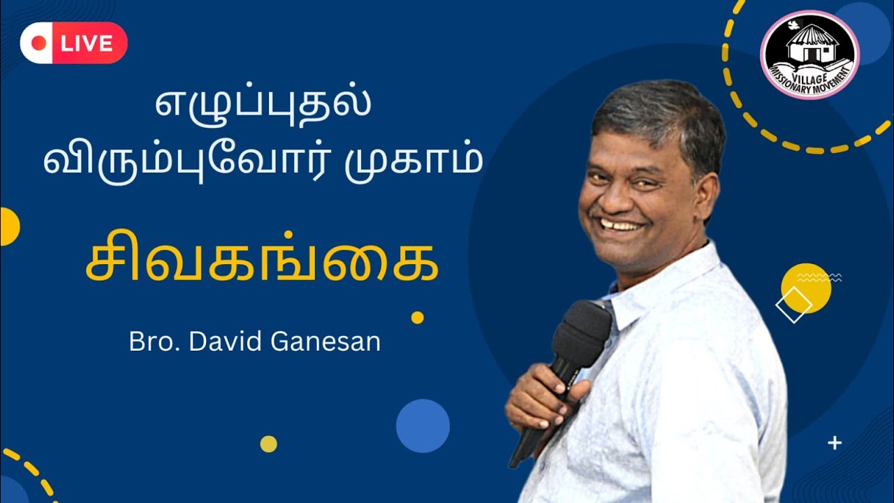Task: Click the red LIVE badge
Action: pos(74,43)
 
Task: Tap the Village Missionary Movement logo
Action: pos(809,54)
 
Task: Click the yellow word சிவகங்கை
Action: pos(262,263)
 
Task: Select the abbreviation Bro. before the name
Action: pos(149,342)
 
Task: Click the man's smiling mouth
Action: pos(620,226)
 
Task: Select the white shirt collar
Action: pos(670,279)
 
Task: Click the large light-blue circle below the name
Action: pos(423,425)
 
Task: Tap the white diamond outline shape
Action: pos(793,305)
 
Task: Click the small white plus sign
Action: pos(835,442)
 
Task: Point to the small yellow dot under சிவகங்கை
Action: pos(417,317)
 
